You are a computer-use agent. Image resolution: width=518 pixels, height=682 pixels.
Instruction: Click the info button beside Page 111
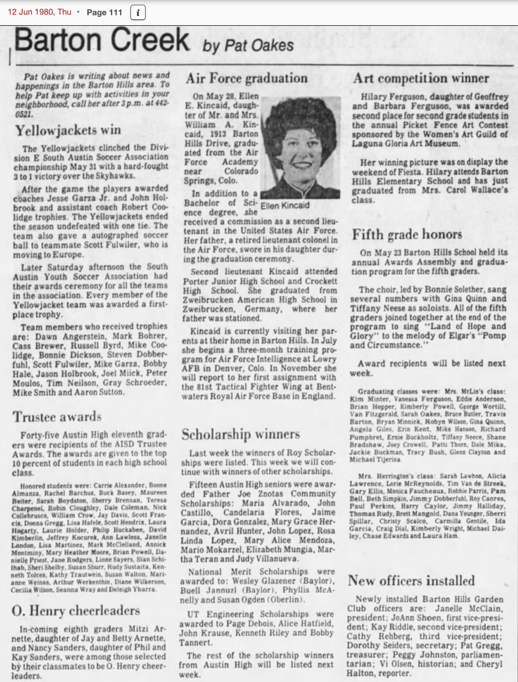pos(138,13)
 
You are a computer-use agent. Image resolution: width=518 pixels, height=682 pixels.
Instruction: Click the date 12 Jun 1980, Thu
pos(39,12)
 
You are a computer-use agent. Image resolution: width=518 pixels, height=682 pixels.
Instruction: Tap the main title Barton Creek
pos(102,40)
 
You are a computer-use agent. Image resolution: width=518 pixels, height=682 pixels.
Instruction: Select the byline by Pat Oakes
pos(248,45)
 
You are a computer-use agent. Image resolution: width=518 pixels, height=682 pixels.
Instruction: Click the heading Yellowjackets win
pos(68,130)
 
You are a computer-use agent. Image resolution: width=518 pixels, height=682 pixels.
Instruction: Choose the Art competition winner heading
pos(421,78)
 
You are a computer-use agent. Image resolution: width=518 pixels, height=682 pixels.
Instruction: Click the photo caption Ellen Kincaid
pos(285,205)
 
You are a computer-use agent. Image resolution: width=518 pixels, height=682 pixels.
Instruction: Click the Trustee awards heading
pos(57,417)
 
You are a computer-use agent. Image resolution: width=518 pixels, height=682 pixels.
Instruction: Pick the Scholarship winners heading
pos(240,434)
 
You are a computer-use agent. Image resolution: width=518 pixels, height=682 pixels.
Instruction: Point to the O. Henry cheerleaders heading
pos(75,610)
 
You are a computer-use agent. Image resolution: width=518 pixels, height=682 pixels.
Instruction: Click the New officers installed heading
pos(411,581)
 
